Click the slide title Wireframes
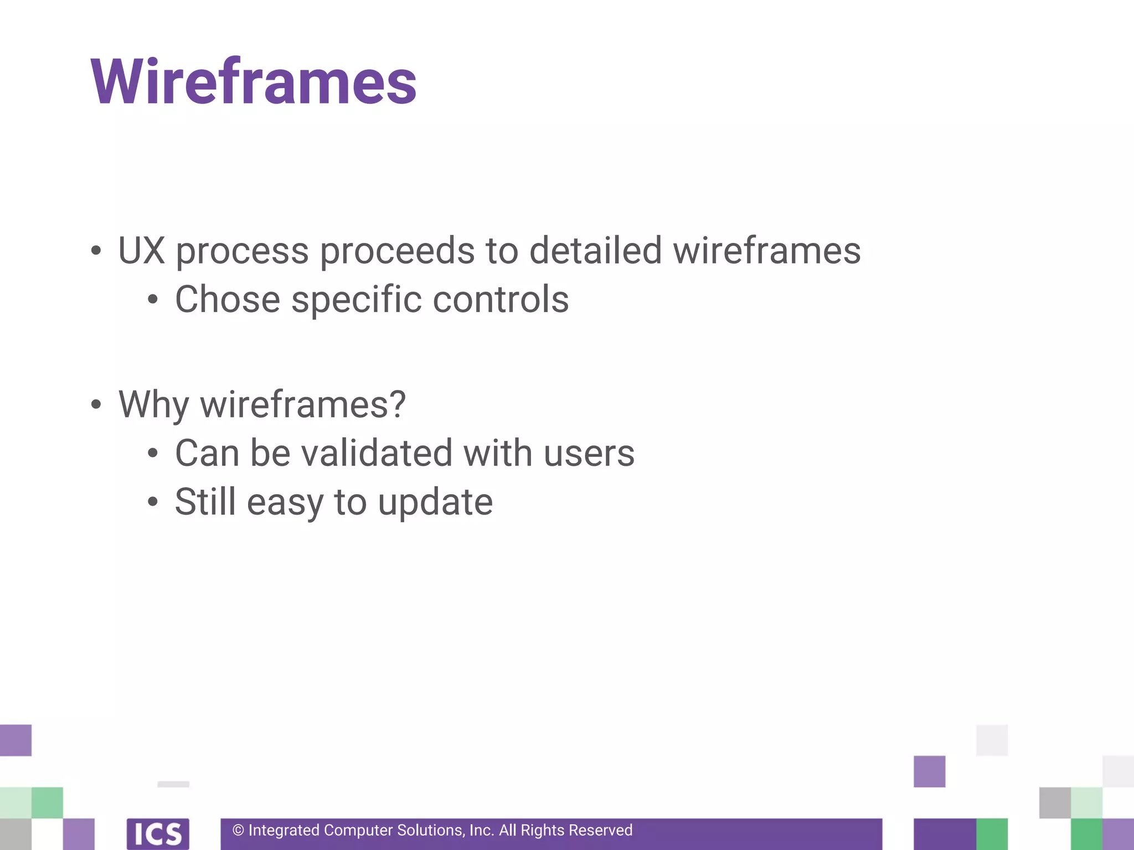coord(253,82)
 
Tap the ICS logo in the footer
coord(158,833)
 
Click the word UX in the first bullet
coord(141,250)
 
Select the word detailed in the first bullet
coord(595,250)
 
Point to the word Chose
coord(228,299)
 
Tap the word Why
coord(153,405)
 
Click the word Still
coord(205,502)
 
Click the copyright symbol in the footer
coord(238,831)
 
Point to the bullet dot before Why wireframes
coord(96,405)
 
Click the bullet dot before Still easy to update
coord(153,502)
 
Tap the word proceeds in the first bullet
coord(397,251)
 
